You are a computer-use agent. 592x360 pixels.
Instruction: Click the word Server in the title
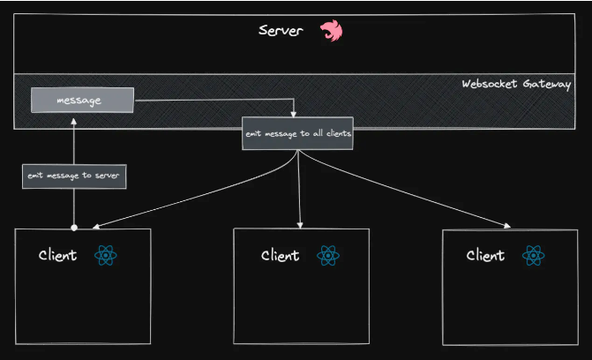coord(281,31)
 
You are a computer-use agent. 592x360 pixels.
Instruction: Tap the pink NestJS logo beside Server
coord(332,31)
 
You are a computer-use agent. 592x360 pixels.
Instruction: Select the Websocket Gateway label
coord(516,85)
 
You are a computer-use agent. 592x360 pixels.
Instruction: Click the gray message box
coord(81,101)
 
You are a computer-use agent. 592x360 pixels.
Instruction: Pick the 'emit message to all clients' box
coord(299,133)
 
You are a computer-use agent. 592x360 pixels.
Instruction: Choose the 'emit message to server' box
coord(74,176)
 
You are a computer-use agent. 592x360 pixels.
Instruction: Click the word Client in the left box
coord(57,256)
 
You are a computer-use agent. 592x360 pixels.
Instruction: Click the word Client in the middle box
coord(280,256)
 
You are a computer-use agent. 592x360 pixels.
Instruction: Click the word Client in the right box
coord(485,256)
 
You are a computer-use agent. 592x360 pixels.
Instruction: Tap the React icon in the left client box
coord(105,256)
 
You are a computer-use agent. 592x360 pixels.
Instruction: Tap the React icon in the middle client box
coord(328,256)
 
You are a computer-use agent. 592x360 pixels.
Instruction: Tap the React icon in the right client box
coord(533,256)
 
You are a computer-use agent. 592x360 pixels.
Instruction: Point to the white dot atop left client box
coord(74,228)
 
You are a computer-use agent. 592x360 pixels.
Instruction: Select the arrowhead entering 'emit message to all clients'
coord(293,113)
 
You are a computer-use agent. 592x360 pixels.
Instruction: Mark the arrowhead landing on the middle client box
coord(301,224)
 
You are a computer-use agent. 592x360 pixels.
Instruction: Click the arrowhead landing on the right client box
coord(506,226)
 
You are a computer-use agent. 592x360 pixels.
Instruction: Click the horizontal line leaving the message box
coord(212,101)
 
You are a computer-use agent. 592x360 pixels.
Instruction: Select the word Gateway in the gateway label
coord(548,85)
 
